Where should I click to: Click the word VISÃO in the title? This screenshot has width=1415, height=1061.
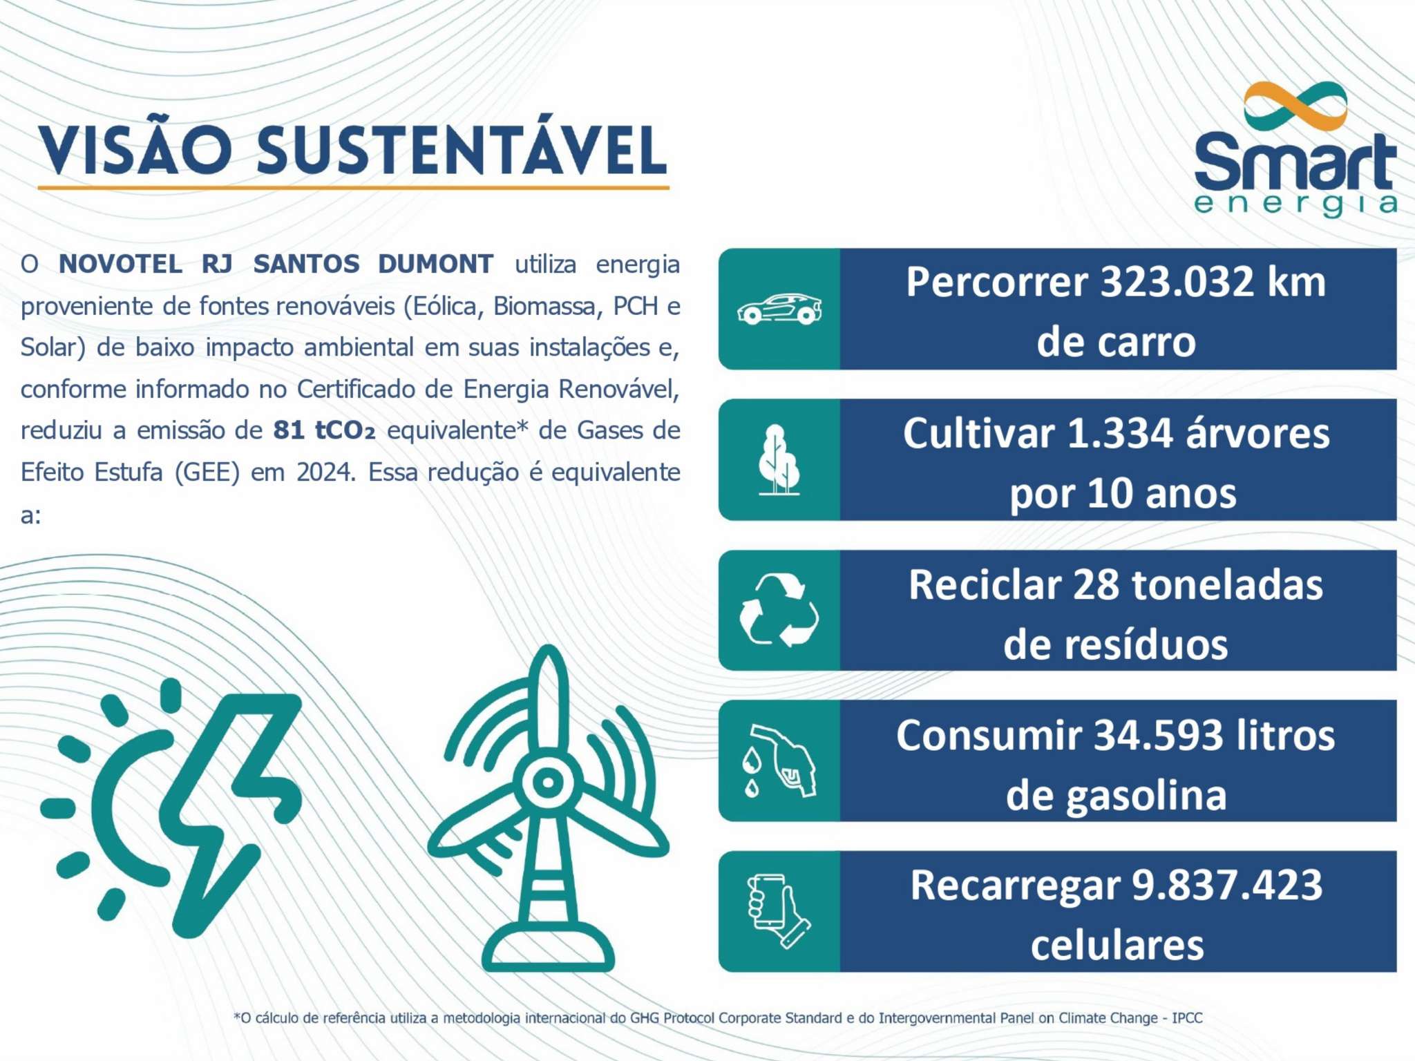coord(135,151)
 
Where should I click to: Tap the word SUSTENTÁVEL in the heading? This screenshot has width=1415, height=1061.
coord(462,151)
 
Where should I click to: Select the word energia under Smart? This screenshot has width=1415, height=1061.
coord(1295,204)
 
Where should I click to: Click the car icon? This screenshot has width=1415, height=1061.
coord(779,309)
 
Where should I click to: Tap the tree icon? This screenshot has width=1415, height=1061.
coord(779,459)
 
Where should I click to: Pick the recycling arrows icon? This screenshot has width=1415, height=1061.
coord(779,611)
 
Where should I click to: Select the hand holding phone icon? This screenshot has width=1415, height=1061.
coord(779,911)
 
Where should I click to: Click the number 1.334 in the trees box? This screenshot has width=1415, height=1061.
coord(1120,433)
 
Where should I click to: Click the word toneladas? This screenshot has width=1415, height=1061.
coord(1227,584)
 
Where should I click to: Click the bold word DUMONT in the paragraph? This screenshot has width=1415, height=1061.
coord(435,264)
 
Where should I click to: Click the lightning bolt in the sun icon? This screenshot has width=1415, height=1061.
coord(228,808)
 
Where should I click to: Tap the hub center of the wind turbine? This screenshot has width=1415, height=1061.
coord(548,783)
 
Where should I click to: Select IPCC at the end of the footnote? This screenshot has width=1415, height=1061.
coord(1187,1017)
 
